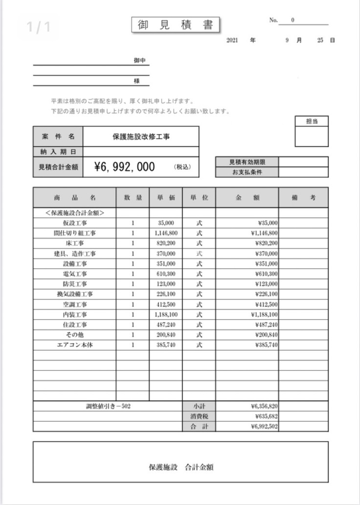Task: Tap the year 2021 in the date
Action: coord(232,41)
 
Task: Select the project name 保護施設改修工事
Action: coord(141,137)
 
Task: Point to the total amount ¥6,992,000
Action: coord(125,167)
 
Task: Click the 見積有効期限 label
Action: coord(247,162)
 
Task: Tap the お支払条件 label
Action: coord(247,172)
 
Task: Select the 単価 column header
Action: coord(166,198)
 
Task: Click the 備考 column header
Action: coord(303,198)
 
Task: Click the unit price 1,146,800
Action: coord(166,233)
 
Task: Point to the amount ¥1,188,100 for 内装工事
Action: coord(264,314)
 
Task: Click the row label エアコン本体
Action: coord(75,345)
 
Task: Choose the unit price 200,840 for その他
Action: coord(166,335)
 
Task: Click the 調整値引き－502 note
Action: coord(108,406)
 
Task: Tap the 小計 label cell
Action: coord(199,406)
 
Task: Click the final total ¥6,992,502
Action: coord(264,427)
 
